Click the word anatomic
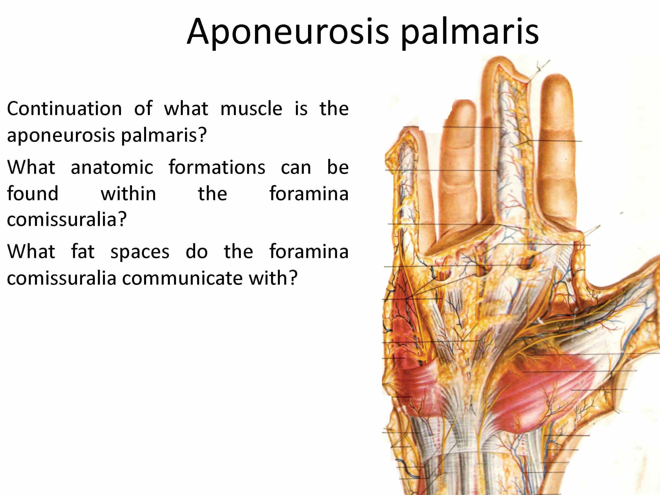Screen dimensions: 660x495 click(112, 167)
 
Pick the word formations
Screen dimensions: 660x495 click(217, 167)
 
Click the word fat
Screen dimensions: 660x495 click(83, 251)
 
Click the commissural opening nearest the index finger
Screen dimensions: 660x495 click(527, 262)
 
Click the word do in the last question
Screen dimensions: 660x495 click(197, 251)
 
